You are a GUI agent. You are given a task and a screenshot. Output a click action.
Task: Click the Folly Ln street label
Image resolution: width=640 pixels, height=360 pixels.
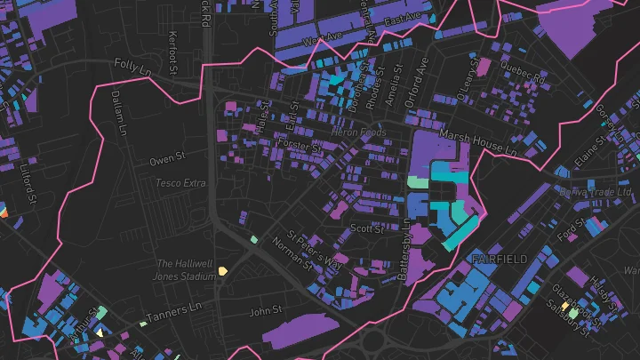134,65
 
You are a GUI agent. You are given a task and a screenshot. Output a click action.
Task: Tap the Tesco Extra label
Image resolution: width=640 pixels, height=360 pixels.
180,182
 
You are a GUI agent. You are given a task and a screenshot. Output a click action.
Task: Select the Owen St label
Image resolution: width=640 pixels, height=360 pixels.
166,161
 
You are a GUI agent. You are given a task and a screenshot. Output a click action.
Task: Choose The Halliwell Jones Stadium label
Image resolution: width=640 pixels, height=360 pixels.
186,270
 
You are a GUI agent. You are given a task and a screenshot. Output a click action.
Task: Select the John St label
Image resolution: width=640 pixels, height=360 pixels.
265,311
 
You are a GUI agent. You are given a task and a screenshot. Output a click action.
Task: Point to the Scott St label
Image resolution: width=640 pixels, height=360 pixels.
366,228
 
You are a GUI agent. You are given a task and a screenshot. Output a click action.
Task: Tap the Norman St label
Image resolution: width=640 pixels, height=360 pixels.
292,254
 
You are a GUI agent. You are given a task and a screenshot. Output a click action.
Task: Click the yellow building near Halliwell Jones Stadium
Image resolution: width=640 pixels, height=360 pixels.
223,270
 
